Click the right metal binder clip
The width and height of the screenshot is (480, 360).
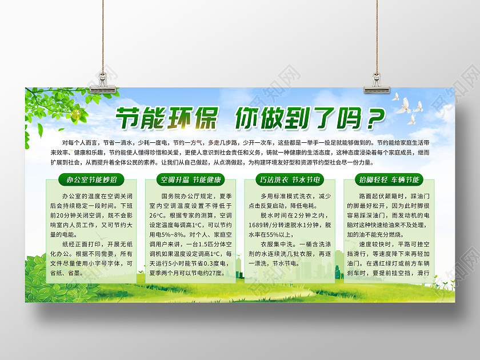377,80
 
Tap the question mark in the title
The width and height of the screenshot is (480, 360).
373,118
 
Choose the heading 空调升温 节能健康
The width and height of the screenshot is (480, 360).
191,180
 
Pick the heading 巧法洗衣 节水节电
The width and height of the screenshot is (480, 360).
290,180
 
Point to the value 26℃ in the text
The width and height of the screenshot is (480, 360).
158,215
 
